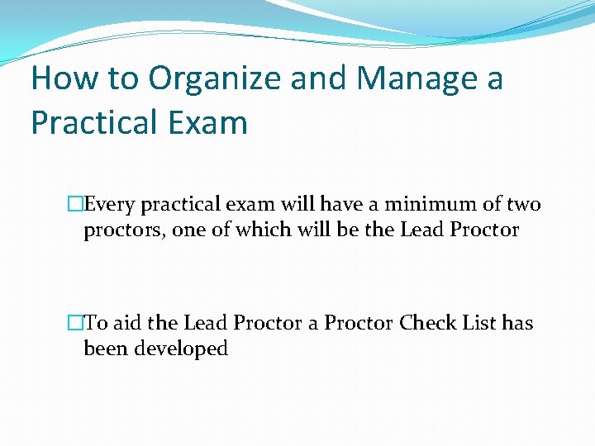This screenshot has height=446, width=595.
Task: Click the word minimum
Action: click(423, 204)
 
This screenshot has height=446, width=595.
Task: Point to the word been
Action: click(104, 349)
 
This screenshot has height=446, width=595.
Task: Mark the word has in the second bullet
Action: click(519, 323)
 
